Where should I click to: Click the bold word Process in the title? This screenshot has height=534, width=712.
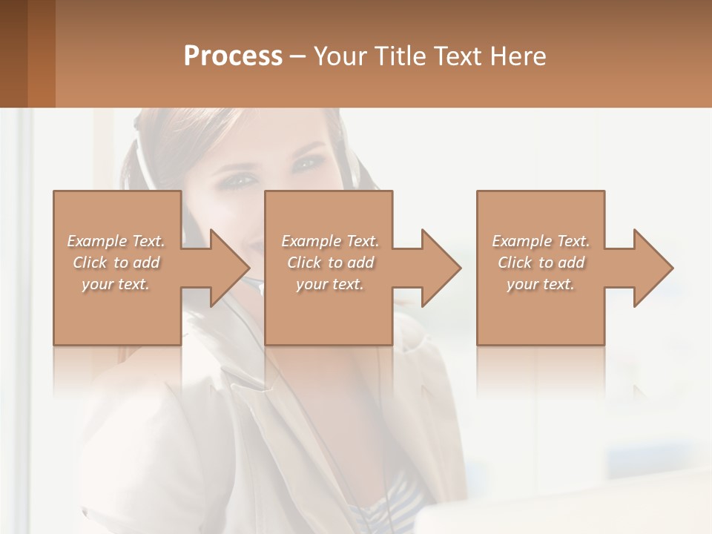233,56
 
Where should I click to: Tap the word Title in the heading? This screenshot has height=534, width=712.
399,56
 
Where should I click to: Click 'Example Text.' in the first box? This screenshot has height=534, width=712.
116,241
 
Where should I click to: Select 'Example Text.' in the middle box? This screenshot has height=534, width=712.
330,241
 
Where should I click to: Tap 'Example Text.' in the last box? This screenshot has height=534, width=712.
541,241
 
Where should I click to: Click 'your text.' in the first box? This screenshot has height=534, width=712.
116,284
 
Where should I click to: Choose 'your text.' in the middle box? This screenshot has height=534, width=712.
330,284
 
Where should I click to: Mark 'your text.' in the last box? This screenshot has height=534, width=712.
541,284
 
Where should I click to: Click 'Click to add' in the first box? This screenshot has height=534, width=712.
116,263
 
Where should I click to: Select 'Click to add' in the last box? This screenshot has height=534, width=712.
541,263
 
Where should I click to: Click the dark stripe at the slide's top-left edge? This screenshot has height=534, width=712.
13,53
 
